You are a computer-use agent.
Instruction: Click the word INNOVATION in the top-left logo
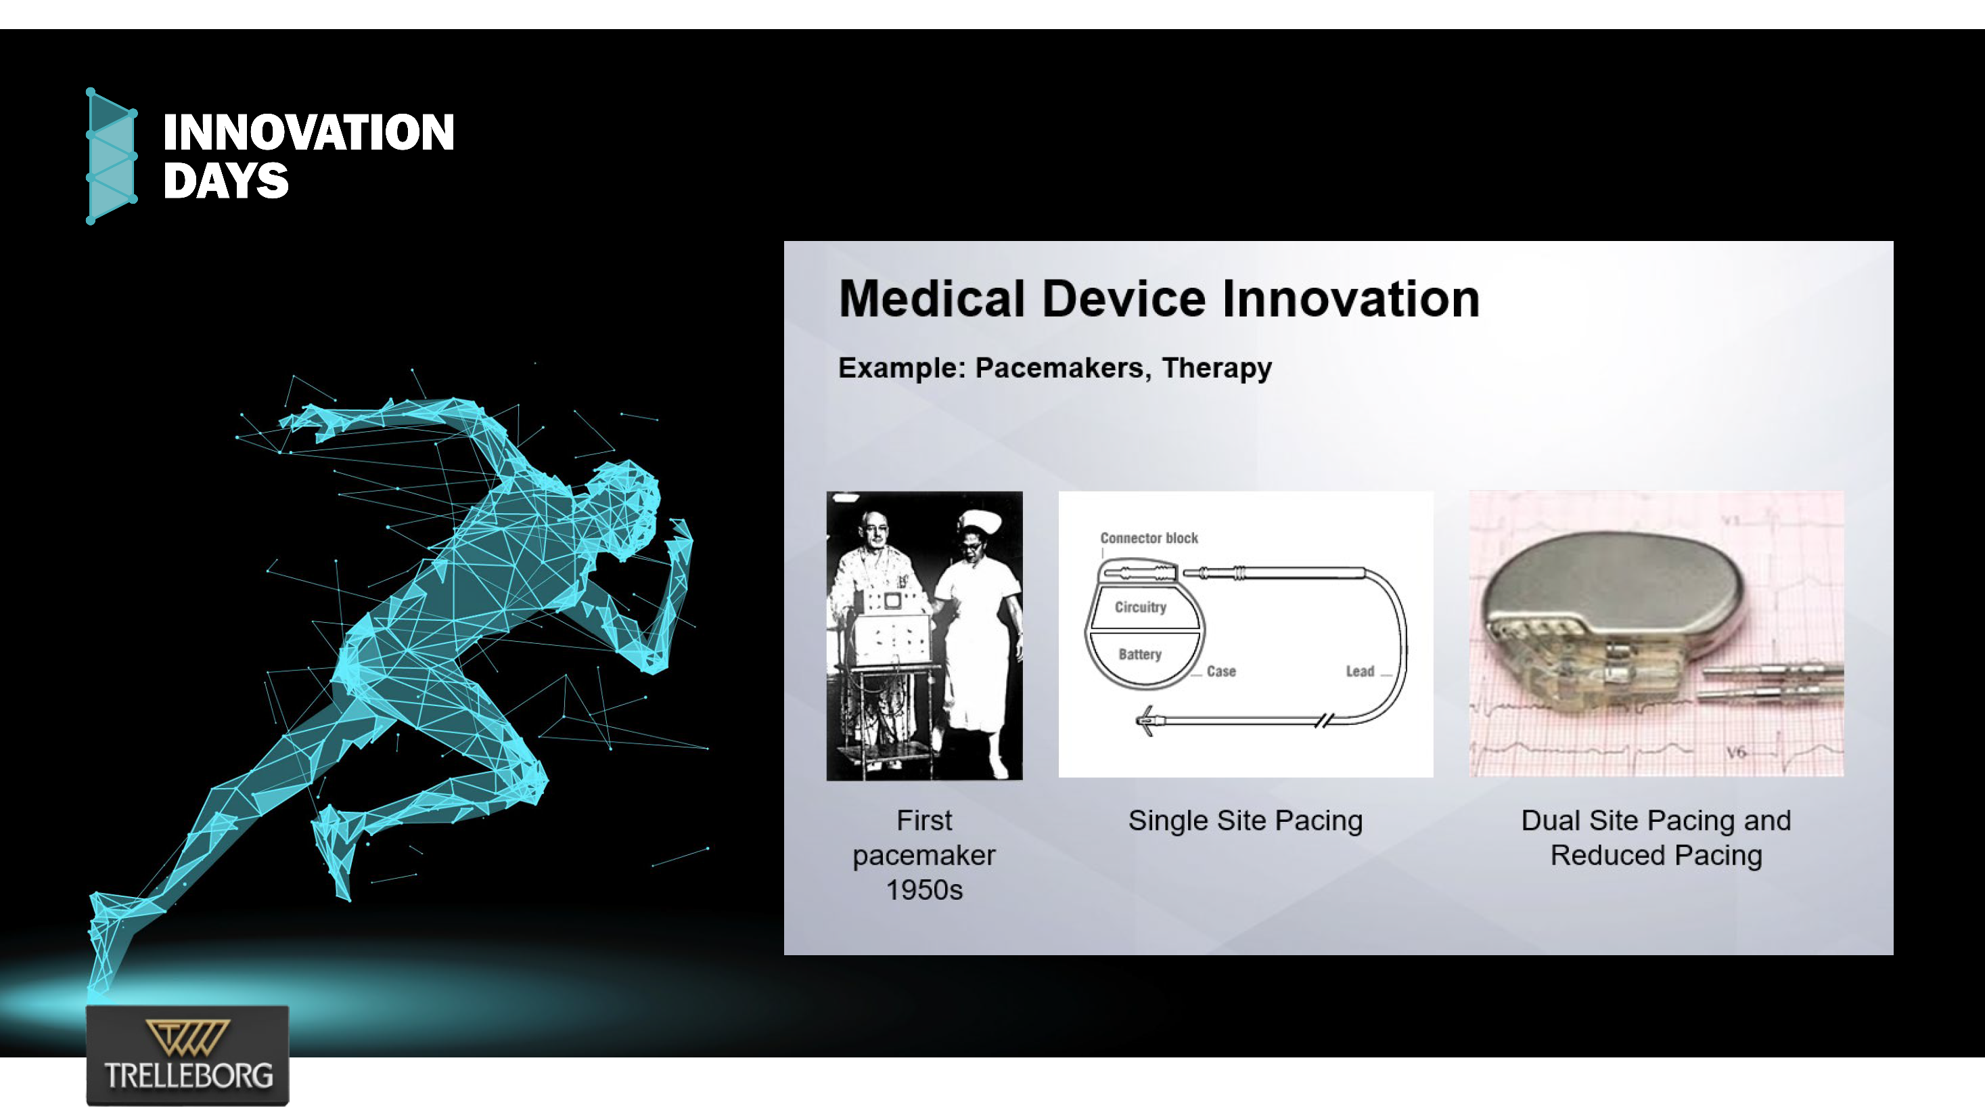click(309, 132)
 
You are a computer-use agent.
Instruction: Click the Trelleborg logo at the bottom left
click(187, 1055)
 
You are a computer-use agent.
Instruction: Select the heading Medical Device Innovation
click(1159, 299)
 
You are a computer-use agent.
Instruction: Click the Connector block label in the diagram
click(1149, 538)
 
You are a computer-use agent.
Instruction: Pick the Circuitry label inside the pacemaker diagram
click(1141, 607)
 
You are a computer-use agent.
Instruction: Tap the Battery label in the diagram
click(1140, 655)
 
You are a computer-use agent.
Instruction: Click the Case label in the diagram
click(1221, 672)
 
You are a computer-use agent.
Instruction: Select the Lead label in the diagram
click(1360, 672)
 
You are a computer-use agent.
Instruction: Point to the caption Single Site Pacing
click(1246, 821)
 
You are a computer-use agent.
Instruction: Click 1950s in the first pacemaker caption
click(924, 890)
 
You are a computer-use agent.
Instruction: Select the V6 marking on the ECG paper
click(1735, 751)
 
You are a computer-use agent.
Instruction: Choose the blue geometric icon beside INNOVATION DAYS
click(112, 156)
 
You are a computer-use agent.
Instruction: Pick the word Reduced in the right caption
click(1607, 856)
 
